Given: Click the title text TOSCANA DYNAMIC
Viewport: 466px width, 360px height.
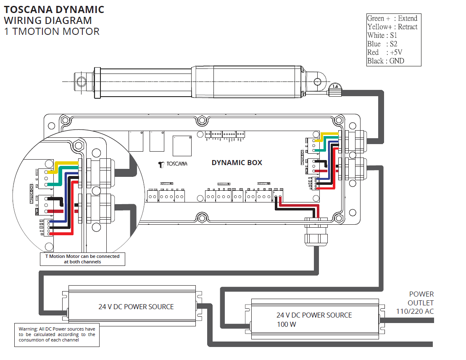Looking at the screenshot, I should click(x=54, y=10).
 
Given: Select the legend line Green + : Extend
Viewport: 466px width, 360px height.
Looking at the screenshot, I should click(x=392, y=18).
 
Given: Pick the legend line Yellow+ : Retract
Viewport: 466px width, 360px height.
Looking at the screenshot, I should click(x=392, y=27).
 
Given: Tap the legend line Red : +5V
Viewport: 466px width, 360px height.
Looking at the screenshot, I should click(x=385, y=53).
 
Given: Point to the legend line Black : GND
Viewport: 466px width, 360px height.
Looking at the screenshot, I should click(x=385, y=61).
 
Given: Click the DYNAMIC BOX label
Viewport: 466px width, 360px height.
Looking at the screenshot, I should click(x=237, y=163).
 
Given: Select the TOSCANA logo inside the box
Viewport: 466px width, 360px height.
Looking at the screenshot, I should click(x=173, y=164).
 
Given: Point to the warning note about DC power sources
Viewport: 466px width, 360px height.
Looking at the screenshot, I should click(x=57, y=334).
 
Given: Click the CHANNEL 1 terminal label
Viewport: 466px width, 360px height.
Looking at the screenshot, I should click(x=264, y=184).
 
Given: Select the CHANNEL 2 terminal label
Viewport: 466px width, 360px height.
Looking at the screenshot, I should click(x=224, y=184).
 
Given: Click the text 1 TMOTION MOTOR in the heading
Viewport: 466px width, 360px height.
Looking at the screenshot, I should click(x=52, y=32).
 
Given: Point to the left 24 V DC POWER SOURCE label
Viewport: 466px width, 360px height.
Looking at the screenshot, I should click(x=136, y=307).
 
